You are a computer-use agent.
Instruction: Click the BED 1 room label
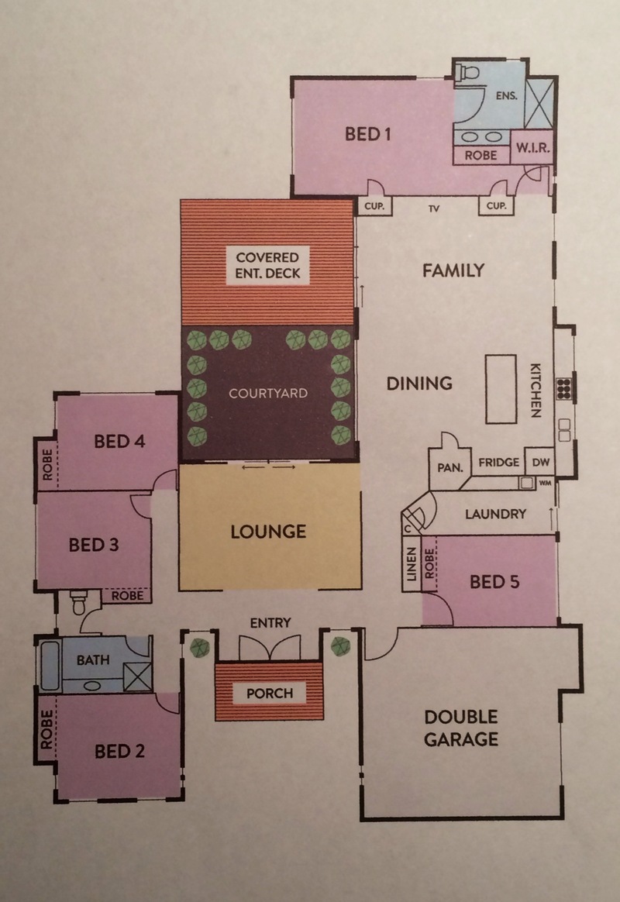point(367,134)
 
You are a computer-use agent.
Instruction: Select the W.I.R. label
point(532,148)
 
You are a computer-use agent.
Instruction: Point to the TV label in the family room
point(434,208)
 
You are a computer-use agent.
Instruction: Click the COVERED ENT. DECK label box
point(268,265)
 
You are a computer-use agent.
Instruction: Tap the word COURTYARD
point(268,394)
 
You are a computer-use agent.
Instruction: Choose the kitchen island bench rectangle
point(501,390)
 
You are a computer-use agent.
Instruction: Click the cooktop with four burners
point(563,389)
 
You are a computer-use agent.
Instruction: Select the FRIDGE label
point(498,462)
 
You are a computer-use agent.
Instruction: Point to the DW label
point(541,462)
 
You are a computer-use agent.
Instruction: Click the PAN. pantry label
point(450,468)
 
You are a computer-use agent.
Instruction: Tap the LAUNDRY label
point(495,514)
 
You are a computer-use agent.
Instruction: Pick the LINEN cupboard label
point(411,564)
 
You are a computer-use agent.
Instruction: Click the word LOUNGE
point(268,532)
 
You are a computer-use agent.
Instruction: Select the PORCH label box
point(270,694)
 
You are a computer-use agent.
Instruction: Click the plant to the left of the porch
point(200,647)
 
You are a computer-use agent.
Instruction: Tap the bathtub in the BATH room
point(50,666)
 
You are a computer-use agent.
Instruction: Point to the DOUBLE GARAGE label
point(461,728)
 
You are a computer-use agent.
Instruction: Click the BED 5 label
point(494,582)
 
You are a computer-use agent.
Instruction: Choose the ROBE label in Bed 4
point(47,464)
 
